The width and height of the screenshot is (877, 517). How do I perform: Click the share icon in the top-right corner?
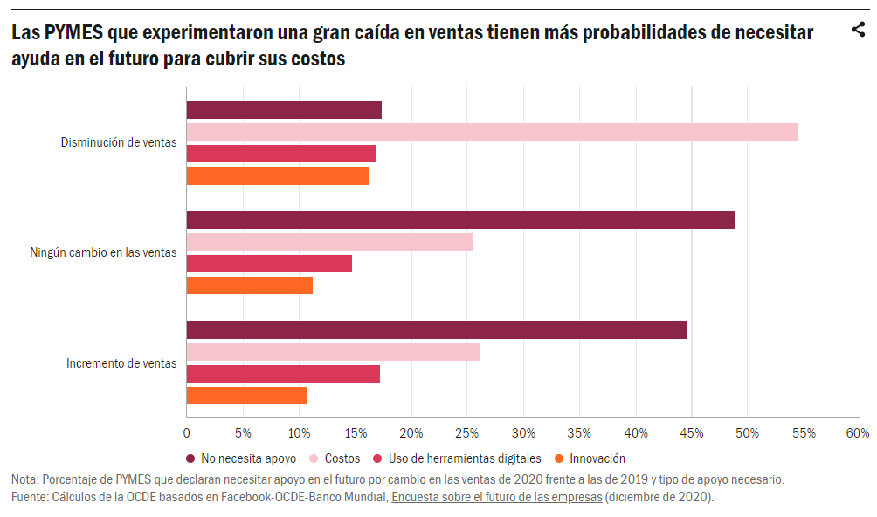[858, 31]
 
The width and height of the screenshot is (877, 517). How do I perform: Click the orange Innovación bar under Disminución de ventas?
[278, 176]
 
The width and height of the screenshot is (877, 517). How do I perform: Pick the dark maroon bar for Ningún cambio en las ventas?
[461, 220]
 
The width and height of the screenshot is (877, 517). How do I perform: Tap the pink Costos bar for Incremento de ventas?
[333, 352]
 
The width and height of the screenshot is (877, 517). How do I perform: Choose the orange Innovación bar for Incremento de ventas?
[246, 396]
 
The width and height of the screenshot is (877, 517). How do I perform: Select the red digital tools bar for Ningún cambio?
[269, 264]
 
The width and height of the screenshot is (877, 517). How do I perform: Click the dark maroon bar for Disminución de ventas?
[284, 110]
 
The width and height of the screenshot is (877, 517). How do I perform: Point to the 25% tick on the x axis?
[467, 433]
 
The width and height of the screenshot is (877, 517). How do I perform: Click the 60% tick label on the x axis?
[858, 433]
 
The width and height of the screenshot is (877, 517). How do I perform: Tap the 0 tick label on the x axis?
[187, 433]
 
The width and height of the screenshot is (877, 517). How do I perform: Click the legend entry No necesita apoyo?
[241, 458]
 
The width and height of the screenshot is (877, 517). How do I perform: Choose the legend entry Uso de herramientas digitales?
[457, 458]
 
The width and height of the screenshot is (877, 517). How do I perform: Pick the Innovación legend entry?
[590, 458]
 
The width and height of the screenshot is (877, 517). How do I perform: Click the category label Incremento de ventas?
[121, 363]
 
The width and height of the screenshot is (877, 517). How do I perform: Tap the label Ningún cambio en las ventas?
[103, 253]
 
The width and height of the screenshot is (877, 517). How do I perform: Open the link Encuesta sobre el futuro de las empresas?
[496, 497]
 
